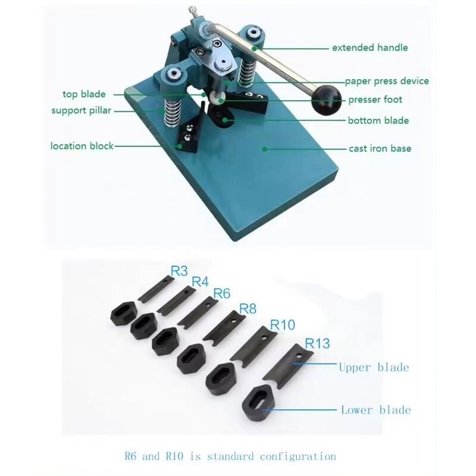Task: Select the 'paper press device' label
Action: [x=387, y=81]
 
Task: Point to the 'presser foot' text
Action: [x=375, y=100]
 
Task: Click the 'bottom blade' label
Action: [x=378, y=121]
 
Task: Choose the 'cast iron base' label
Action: [x=380, y=149]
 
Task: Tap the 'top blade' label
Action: [x=84, y=94]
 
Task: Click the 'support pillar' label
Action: [x=81, y=110]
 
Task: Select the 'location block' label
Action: [x=82, y=146]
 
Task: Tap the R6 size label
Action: [x=222, y=294]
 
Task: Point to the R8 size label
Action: [x=248, y=309]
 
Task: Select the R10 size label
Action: [x=283, y=325]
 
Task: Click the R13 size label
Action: [x=318, y=343]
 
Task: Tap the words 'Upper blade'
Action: [x=374, y=367]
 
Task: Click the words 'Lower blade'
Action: [x=375, y=409]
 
